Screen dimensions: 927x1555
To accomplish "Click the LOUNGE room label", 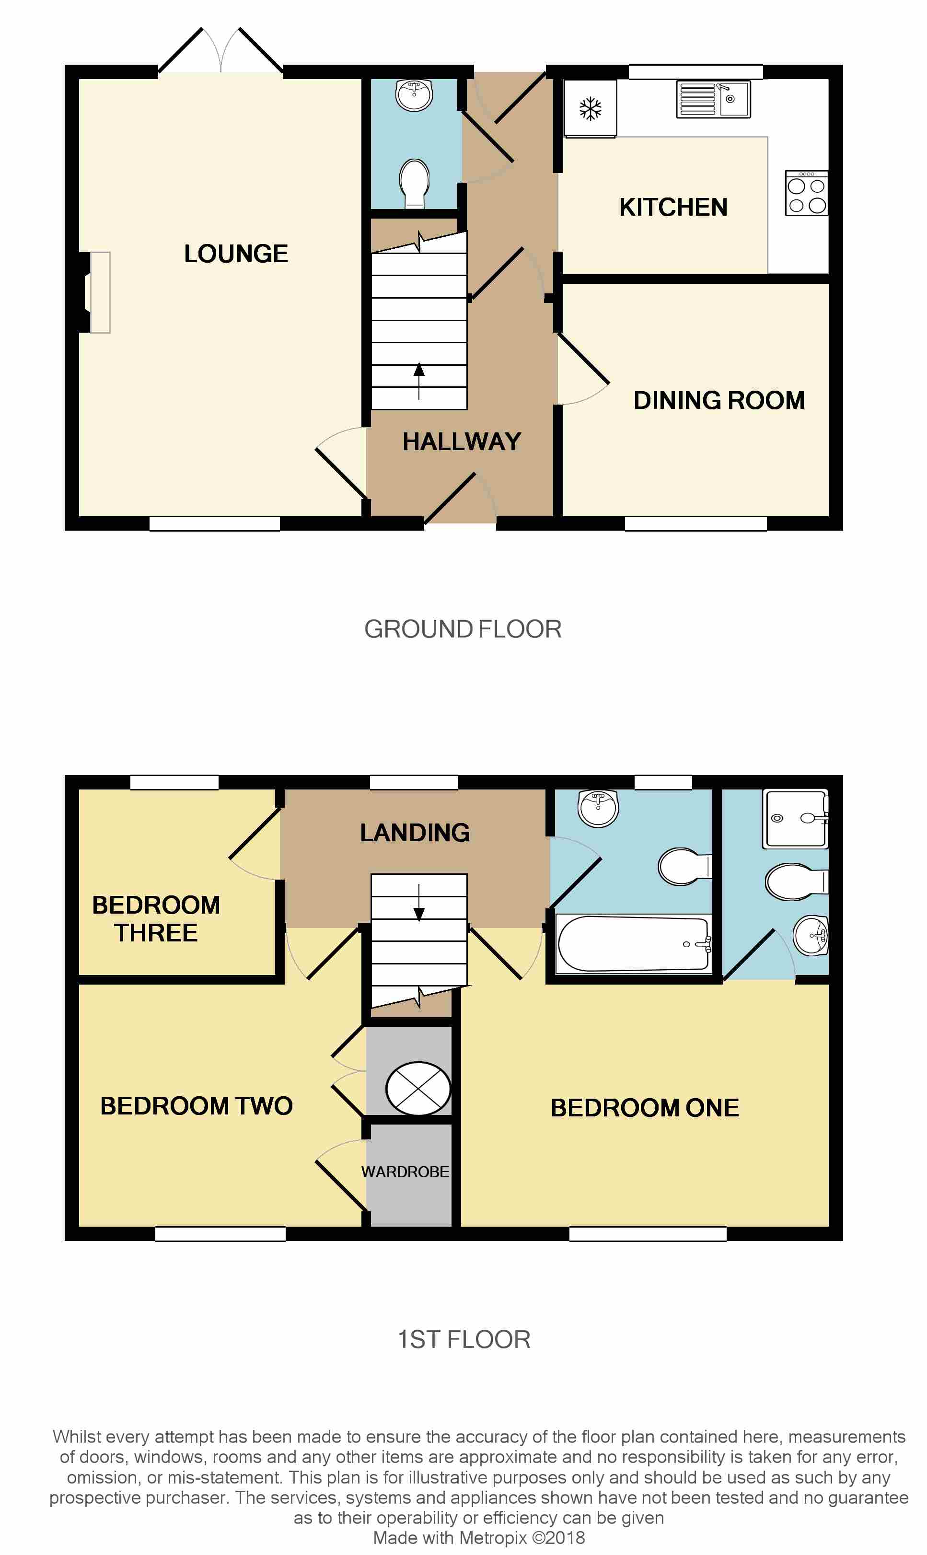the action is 236,254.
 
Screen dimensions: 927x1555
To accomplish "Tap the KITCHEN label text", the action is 673,208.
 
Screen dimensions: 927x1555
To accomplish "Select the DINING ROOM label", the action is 719,400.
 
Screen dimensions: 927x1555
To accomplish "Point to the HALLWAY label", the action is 462,441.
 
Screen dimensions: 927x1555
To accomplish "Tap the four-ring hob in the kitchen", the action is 806,193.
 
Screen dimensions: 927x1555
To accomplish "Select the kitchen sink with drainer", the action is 713,99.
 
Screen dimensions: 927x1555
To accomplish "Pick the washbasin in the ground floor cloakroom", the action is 414,95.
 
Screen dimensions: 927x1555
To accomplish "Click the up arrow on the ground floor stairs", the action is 419,381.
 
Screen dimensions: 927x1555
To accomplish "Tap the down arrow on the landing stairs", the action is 419,903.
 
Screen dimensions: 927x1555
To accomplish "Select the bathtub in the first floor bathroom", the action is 633,944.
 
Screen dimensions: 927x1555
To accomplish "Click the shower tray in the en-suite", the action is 795,819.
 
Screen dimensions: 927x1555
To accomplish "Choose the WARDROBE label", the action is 405,1172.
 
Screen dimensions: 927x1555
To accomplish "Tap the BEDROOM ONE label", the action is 645,1108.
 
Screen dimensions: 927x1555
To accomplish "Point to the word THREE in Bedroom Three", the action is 156,933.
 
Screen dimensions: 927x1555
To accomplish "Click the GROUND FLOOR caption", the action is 463,629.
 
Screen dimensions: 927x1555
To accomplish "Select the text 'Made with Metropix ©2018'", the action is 479,1538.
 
